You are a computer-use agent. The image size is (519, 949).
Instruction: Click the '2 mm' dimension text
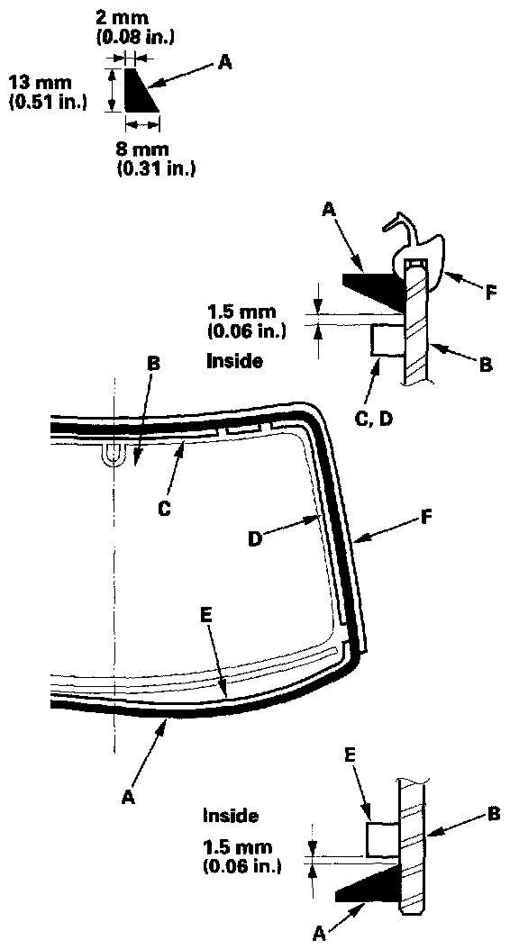coord(122,19)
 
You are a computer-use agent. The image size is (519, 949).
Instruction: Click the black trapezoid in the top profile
coord(140,90)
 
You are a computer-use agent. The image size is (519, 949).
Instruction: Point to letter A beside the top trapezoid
coord(224,62)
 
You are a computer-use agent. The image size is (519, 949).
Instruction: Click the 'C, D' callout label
coord(372,418)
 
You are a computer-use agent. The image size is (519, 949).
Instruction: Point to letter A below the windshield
coord(126,798)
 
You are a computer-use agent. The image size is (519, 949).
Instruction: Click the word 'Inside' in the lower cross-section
coord(230,816)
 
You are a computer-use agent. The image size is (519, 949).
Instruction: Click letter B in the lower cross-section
coord(494,814)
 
